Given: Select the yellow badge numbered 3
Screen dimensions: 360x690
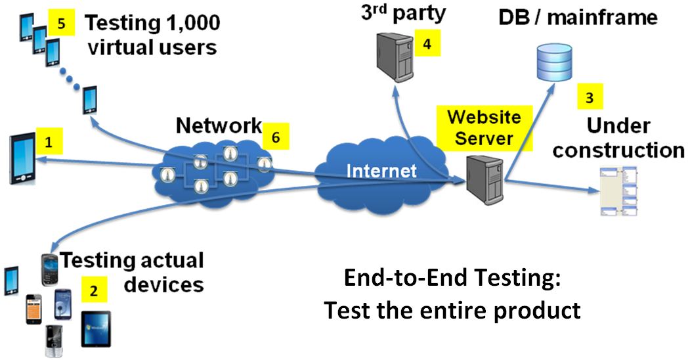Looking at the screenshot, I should pos(590,98).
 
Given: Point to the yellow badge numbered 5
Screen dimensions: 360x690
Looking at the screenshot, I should pos(62,23).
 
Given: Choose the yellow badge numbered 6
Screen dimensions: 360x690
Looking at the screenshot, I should pos(276,137).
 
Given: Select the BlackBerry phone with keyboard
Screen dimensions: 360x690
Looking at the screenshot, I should pos(51,267).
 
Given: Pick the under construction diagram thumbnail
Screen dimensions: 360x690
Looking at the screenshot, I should pos(618,191).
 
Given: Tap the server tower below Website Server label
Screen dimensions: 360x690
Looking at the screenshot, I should pos(484,179).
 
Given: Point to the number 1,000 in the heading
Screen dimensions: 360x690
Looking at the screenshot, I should pos(190,24).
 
